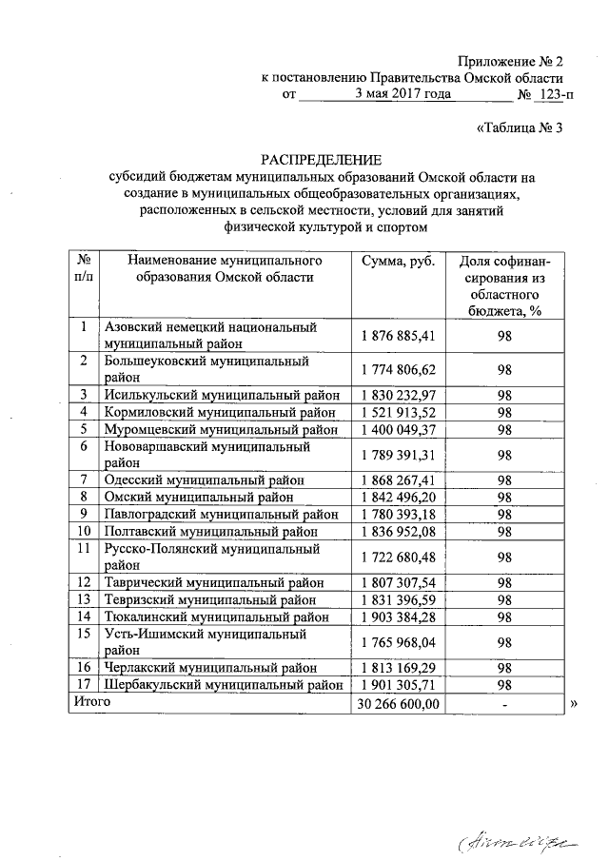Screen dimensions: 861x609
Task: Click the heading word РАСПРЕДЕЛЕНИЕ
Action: coord(322,159)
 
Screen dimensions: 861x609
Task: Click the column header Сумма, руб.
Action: coord(398,260)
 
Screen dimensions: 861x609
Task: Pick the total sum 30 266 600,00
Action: coord(398,704)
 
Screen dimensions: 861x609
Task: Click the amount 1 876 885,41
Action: coord(398,335)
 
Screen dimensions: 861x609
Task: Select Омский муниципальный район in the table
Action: coord(212,496)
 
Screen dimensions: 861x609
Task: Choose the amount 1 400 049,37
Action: coord(398,429)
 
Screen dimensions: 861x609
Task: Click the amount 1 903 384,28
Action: coord(398,616)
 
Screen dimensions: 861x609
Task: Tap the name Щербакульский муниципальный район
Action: coord(223,684)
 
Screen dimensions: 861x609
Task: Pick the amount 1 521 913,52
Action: coord(398,412)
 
